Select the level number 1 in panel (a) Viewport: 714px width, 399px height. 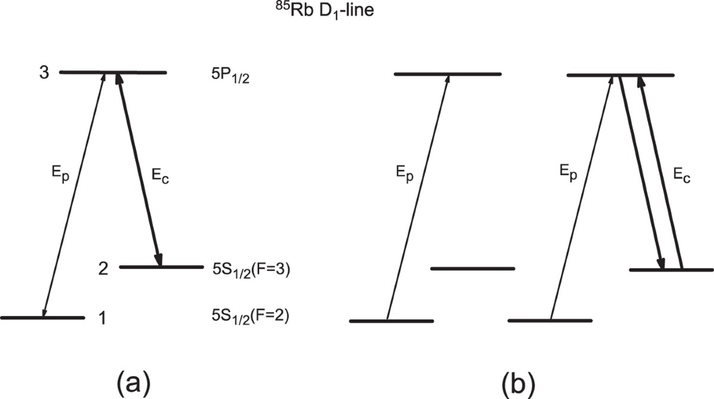click(102, 319)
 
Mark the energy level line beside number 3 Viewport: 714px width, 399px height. click(113, 73)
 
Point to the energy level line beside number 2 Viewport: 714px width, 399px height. click(161, 267)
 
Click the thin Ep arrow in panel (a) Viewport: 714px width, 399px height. click(74, 194)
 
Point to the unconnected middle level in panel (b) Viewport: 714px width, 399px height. click(472, 269)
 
